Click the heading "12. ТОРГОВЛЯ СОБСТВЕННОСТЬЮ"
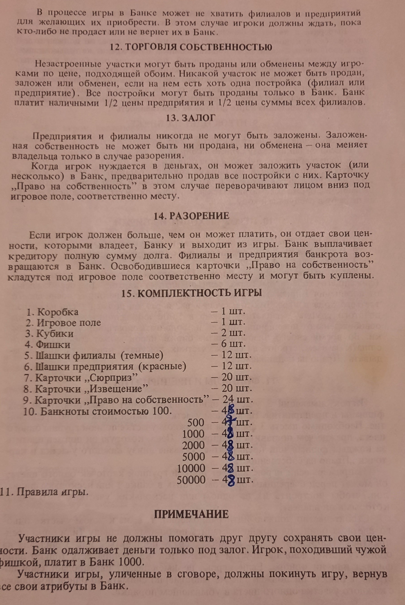point(191,47)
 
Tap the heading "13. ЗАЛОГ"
point(191,118)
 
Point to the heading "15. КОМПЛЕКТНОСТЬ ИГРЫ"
point(192,294)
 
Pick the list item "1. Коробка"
point(52,312)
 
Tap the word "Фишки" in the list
point(53,344)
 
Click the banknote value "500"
point(196,423)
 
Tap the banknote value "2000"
point(193,445)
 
